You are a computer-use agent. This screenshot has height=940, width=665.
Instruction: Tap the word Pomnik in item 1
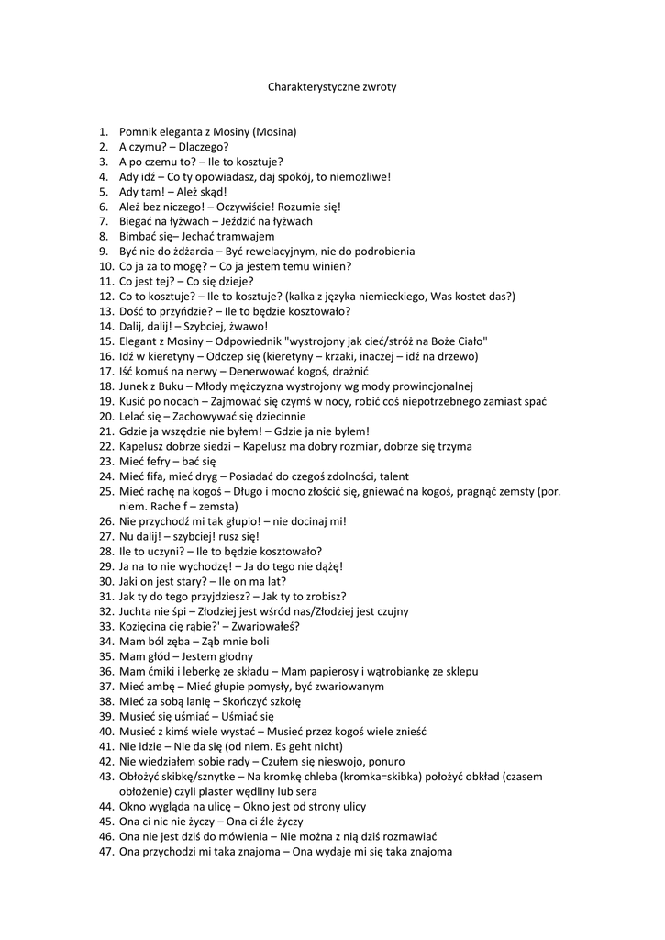[x=139, y=131]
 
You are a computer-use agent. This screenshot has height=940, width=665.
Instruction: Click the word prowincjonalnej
[x=428, y=386]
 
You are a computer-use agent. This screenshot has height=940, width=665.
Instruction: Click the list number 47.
[x=105, y=851]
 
